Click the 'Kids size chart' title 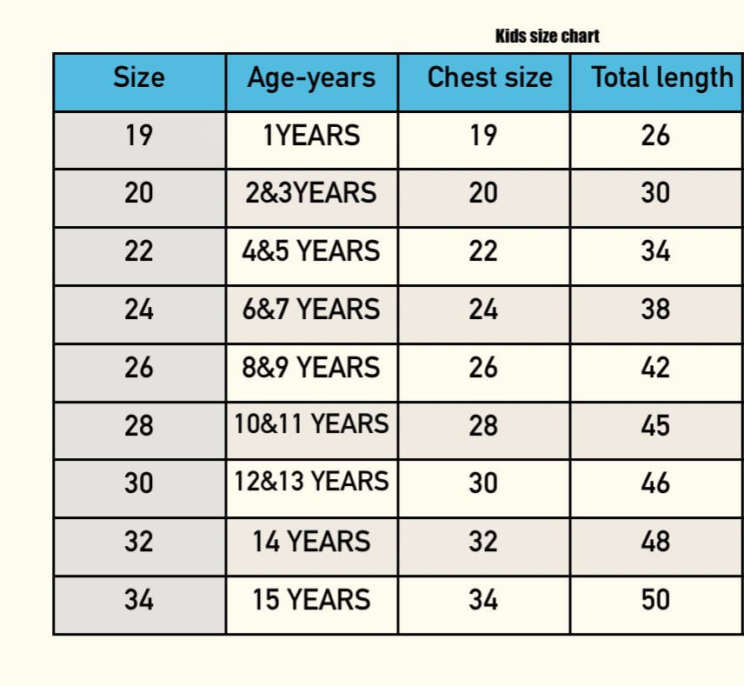[x=547, y=36]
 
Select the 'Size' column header [x=139, y=77]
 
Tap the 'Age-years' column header [x=311, y=78]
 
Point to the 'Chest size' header [x=490, y=77]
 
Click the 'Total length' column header [x=662, y=78]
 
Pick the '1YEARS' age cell [x=312, y=136]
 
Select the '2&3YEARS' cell [x=311, y=193]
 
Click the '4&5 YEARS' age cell [x=311, y=251]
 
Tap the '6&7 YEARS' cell [x=311, y=309]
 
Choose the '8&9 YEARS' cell [x=311, y=367]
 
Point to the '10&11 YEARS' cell [x=312, y=423]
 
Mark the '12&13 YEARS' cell [x=312, y=481]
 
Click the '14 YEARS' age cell [x=311, y=542]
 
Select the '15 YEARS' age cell [x=311, y=600]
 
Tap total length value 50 [x=655, y=600]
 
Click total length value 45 [x=655, y=425]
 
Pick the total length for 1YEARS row [x=655, y=136]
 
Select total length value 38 [x=655, y=309]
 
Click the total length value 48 [x=655, y=542]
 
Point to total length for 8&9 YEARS [x=655, y=367]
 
